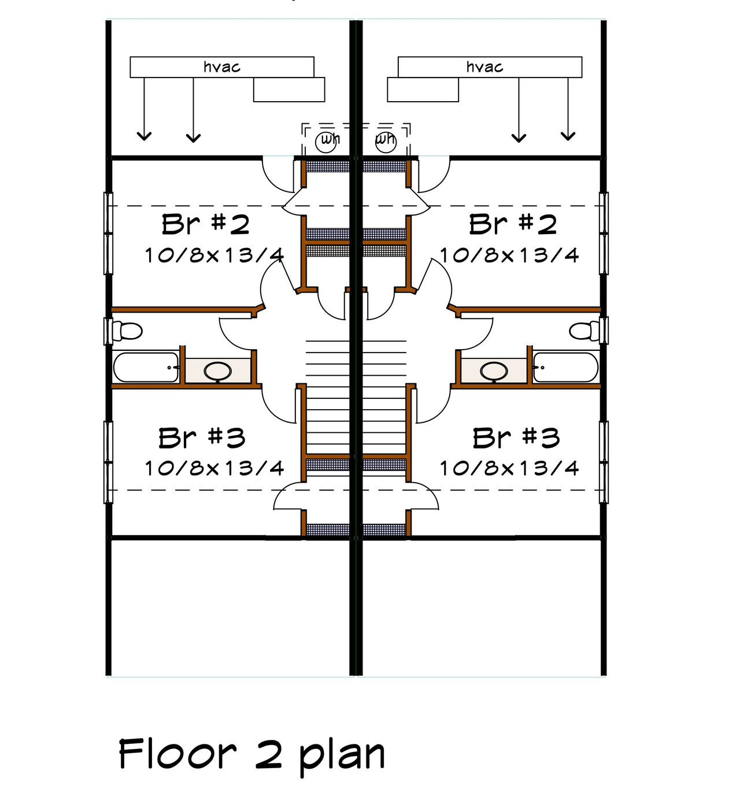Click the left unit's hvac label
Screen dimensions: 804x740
(222, 67)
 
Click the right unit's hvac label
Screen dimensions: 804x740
(484, 67)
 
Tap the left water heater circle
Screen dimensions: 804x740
(326, 140)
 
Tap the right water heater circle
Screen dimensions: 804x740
(386, 140)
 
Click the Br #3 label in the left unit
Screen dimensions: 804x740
(202, 438)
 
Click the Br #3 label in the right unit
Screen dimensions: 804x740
(516, 438)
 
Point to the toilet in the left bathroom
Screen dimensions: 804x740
(128, 331)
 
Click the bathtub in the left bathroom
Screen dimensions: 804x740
(146, 368)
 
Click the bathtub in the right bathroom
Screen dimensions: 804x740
(565, 368)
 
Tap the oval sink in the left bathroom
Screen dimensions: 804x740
(218, 371)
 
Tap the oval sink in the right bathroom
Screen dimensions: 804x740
(494, 371)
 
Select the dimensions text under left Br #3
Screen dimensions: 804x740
(214, 468)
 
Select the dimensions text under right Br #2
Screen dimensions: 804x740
(509, 255)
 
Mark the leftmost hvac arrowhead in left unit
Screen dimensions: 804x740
(144, 136)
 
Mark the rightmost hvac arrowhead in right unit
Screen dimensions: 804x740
(568, 136)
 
